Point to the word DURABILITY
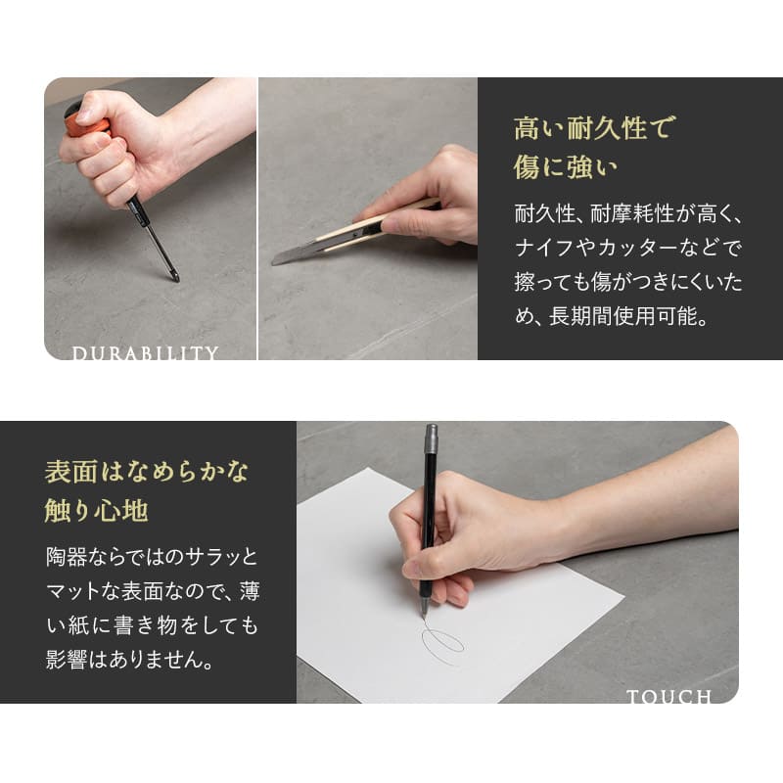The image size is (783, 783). point(145,352)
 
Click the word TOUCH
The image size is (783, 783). point(668,697)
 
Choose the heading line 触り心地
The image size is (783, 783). point(96,510)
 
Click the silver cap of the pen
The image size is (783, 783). point(431,440)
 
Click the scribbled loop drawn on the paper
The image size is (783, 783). point(442,644)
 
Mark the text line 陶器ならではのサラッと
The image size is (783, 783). point(151,557)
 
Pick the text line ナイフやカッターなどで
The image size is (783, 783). point(627,248)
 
